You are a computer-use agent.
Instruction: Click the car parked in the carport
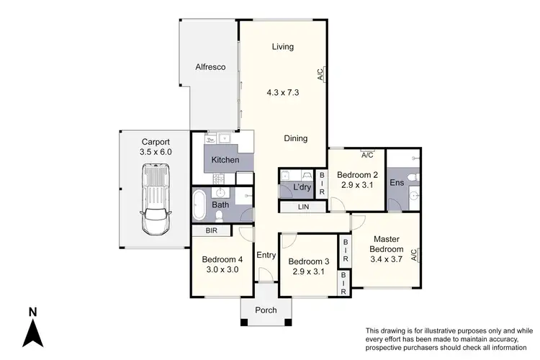(157, 199)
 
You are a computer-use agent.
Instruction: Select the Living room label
(282, 48)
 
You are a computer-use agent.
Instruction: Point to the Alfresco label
(210, 67)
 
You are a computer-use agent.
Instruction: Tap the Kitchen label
(225, 159)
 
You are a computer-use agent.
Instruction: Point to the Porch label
(266, 310)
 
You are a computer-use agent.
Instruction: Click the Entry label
(266, 254)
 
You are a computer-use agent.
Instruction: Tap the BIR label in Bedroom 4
(211, 231)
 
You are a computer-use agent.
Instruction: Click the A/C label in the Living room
(319, 74)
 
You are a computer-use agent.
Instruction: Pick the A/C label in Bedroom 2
(366, 155)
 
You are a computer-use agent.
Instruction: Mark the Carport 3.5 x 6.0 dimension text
(156, 152)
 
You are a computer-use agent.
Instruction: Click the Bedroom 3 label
(308, 261)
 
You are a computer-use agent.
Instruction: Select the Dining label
(295, 139)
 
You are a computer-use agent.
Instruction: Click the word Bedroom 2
(357, 174)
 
